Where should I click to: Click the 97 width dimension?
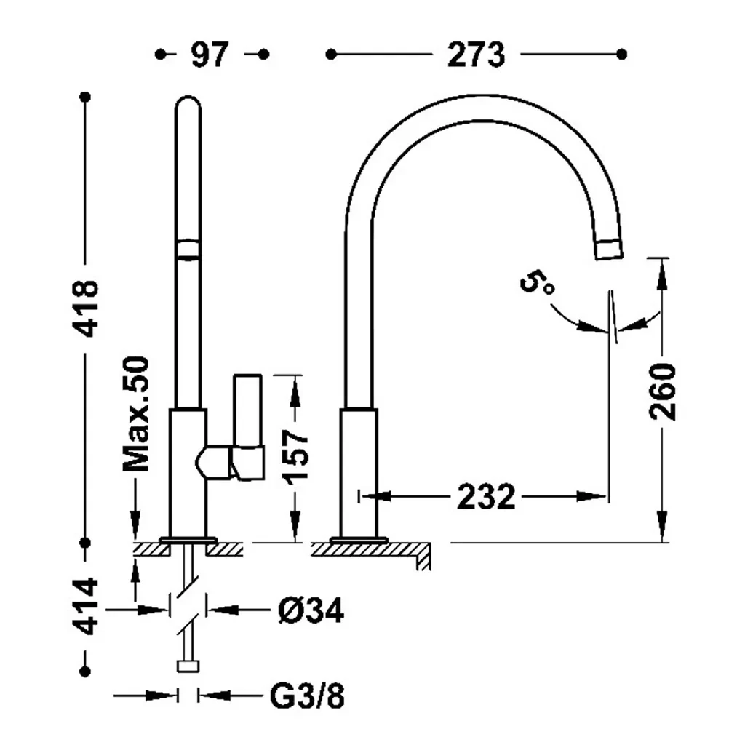tap(210, 55)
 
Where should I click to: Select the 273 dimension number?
tap(476, 55)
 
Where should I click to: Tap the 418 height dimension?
tap(86, 308)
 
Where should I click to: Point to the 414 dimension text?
tap(86, 606)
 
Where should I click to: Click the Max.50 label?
tap(136, 413)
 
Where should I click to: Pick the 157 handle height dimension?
tap(296, 458)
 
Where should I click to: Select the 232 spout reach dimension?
tap(486, 497)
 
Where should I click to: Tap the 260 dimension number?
tap(662, 392)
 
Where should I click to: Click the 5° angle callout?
tap(537, 283)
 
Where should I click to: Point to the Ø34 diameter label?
tap(311, 610)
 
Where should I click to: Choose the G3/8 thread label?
tap(307, 696)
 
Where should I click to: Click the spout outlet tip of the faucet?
tap(608, 250)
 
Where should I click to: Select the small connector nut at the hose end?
tap(188, 666)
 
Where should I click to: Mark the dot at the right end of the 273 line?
tap(621, 55)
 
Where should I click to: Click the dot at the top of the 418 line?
tap(86, 97)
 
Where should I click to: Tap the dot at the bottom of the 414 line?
tap(86, 672)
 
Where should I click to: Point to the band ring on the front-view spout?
tap(188, 249)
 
